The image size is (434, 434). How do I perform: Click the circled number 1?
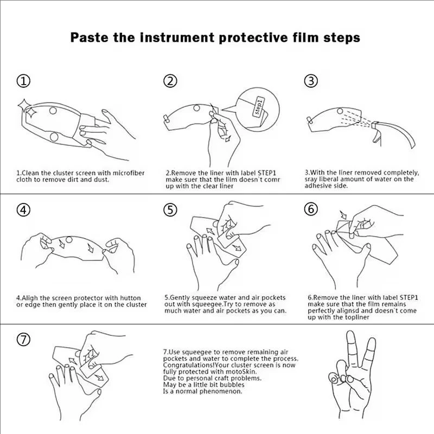point(23,81)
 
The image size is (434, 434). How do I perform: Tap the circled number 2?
point(170,81)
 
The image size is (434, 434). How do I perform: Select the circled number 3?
point(311,81)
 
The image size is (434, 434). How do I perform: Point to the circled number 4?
point(23,210)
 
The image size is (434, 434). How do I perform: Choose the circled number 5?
point(170,210)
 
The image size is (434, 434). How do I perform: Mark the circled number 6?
point(311,209)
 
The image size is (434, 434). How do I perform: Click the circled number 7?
point(23,340)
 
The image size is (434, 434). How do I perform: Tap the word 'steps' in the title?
point(342,38)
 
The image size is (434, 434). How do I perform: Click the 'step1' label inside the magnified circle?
point(259,106)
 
